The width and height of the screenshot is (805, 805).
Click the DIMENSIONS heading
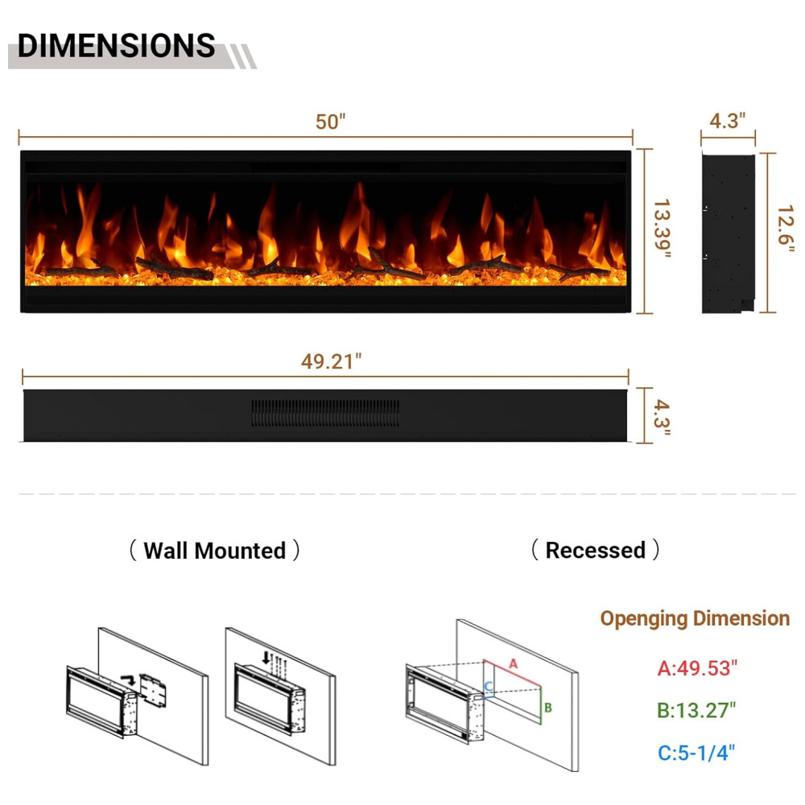116,45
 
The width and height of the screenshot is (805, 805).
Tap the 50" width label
331,122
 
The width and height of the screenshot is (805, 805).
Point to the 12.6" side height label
786,229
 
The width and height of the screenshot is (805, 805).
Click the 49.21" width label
331,361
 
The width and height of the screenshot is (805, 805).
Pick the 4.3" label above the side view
727,121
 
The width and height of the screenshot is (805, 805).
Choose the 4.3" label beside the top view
662,417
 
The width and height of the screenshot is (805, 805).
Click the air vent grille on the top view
325,413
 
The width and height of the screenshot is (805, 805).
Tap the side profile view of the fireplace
729,233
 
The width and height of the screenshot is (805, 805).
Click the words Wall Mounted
215,551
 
